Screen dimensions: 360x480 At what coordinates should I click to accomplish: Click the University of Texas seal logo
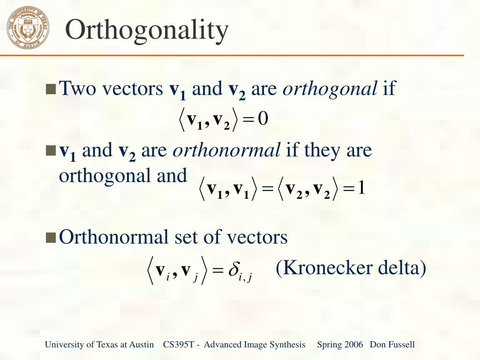pos(28,28)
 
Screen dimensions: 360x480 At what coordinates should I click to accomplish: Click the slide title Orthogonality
pos(147,30)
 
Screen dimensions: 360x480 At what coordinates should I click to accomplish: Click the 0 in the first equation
pos(263,119)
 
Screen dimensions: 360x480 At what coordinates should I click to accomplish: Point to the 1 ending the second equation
pos(361,188)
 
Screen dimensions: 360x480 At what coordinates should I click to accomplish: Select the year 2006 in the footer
pos(353,345)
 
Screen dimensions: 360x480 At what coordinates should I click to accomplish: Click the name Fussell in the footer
pos(402,345)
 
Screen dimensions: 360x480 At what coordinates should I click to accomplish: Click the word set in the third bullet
pos(184,237)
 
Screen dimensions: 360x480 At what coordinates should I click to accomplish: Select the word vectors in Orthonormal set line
pos(257,237)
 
